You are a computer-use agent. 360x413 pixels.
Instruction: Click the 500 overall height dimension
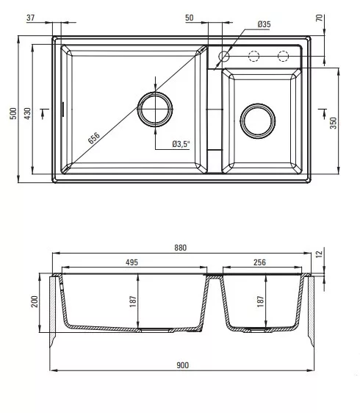13,113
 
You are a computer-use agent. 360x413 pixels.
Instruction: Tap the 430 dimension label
27,113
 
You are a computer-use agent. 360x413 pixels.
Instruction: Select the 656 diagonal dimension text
94,138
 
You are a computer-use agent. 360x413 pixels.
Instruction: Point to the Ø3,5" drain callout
181,144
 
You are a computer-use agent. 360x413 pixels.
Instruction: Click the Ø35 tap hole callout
264,24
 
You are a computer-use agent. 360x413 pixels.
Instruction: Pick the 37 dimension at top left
31,18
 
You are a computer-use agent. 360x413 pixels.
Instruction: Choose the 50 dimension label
190,18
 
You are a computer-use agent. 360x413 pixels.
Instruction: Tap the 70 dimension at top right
319,18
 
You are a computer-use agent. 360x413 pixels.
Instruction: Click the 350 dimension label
333,123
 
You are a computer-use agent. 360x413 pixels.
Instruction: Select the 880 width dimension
181,248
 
